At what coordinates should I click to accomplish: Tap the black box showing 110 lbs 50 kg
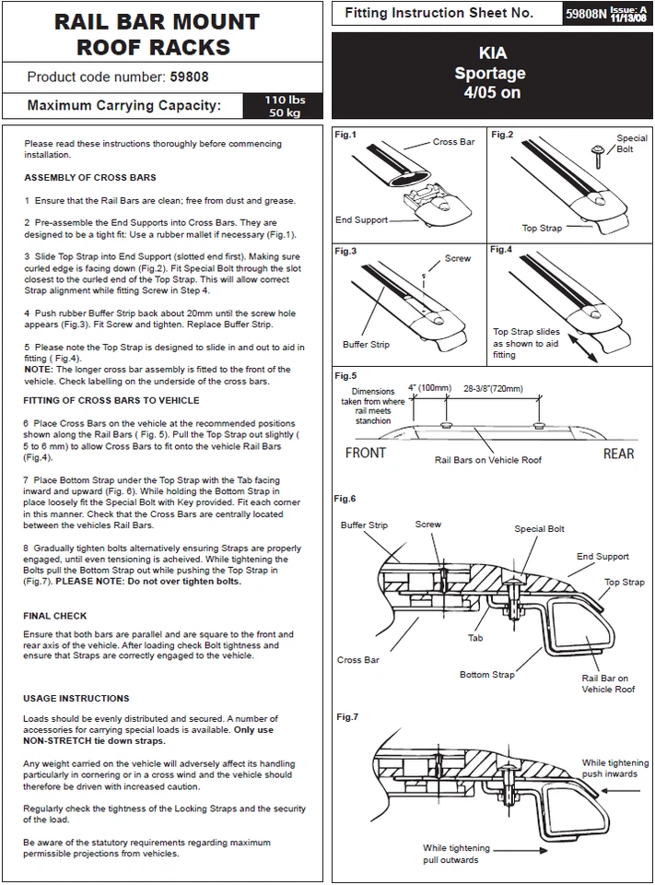tap(283, 105)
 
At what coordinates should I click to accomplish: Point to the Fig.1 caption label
tap(346, 135)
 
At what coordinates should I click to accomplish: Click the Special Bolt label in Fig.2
tap(632, 144)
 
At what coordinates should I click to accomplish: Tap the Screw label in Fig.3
tap(458, 259)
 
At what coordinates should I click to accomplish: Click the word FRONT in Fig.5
tap(366, 453)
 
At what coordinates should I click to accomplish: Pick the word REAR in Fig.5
tap(619, 453)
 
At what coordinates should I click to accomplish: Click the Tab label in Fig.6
tap(475, 637)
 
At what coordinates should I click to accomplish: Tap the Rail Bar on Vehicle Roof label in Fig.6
tap(608, 683)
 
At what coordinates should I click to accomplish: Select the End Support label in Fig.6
tap(602, 557)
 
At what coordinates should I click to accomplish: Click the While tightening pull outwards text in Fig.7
tap(456, 854)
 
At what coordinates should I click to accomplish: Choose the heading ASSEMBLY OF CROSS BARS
tap(90, 177)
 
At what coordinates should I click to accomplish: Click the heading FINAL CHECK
tap(55, 616)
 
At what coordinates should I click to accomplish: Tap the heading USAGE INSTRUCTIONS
tap(76, 698)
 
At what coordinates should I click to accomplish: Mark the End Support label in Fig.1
tap(360, 220)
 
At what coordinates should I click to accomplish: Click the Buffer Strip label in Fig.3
tap(366, 345)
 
